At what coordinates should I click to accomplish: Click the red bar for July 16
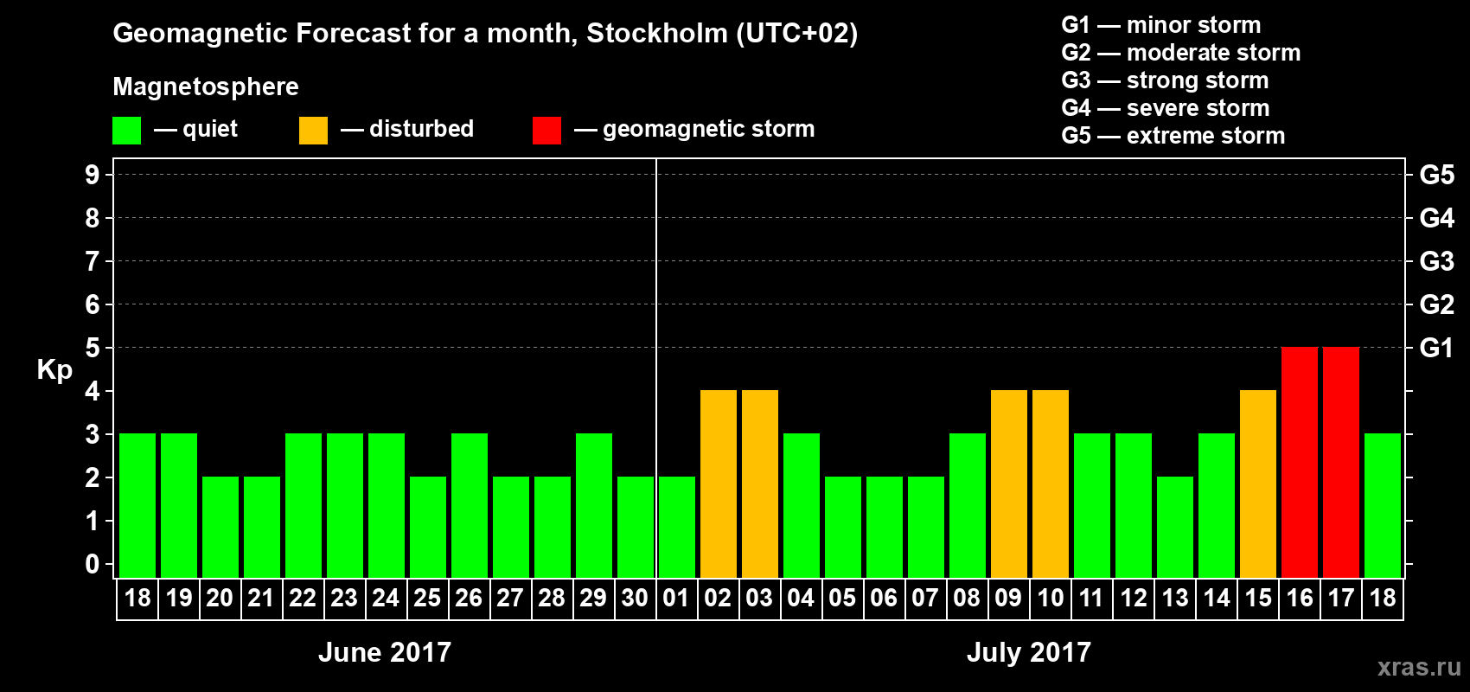point(1300,462)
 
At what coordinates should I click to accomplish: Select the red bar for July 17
point(1341,462)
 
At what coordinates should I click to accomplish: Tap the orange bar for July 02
point(719,484)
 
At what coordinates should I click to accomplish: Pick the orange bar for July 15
point(1258,484)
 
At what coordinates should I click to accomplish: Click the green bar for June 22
point(304,505)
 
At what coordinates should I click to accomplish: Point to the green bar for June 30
point(636,527)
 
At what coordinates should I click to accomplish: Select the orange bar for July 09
point(1009,484)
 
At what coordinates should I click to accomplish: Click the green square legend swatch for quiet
point(126,131)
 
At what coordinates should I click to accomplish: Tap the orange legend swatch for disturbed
point(313,131)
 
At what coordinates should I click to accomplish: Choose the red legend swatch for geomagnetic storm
point(546,131)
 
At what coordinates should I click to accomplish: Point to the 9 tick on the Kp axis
point(93,175)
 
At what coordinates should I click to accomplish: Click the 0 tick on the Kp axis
point(93,565)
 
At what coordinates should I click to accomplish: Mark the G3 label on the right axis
point(1436,261)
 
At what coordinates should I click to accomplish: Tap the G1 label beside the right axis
point(1436,348)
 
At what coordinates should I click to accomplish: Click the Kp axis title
point(54,370)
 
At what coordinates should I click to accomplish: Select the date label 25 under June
point(427,598)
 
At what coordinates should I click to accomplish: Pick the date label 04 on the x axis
point(801,598)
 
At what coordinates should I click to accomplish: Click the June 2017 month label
point(385,652)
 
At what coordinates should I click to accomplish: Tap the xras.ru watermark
point(1419,667)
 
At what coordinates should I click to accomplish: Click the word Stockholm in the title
point(657,34)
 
